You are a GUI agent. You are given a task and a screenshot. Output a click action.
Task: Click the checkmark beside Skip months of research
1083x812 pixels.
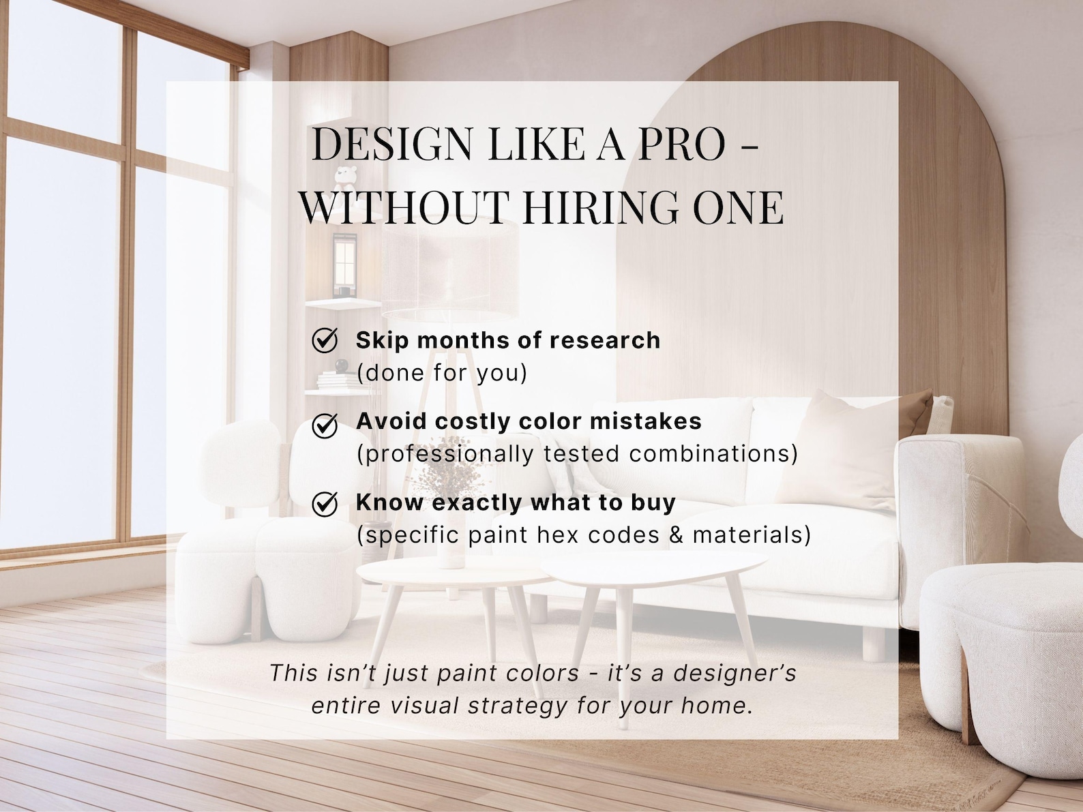(325, 340)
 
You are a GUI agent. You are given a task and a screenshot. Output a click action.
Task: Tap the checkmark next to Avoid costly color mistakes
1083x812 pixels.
(325, 425)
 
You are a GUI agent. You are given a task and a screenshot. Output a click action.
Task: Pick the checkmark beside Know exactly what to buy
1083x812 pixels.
(325, 505)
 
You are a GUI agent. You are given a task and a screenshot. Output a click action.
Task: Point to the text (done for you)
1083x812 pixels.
(442, 373)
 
